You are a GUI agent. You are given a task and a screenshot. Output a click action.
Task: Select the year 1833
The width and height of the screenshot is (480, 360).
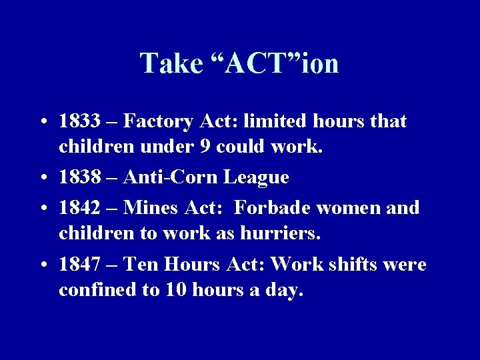pos(79,122)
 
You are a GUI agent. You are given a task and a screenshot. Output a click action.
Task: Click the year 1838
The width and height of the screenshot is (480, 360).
pos(79,178)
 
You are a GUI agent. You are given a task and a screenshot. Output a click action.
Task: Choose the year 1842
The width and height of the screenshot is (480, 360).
pos(79,207)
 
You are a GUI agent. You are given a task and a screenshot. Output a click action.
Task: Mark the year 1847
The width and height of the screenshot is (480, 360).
pos(79,265)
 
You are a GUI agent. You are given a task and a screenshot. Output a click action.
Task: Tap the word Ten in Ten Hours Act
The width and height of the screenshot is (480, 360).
pos(139,265)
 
